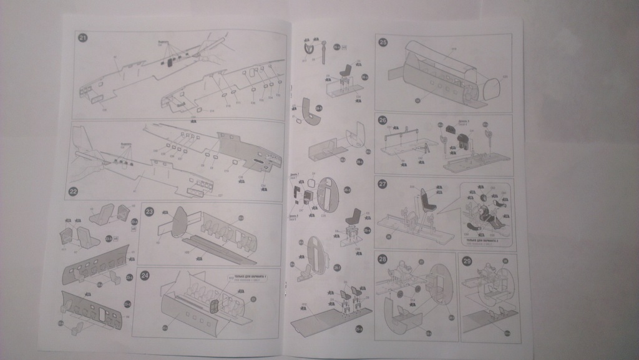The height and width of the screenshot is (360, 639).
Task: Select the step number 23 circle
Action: (150, 211)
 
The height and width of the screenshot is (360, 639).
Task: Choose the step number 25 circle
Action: (383, 42)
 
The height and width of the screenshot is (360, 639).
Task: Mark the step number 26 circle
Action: (383, 121)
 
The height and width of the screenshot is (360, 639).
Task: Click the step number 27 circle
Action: (383, 184)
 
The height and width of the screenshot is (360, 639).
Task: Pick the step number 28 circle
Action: (383, 260)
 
